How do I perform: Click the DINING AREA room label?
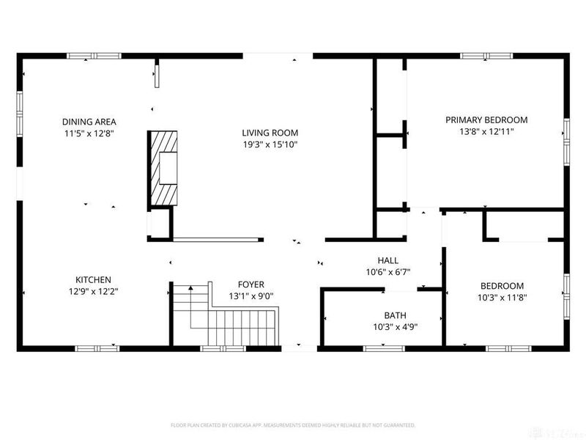pyautogui.click(x=89, y=122)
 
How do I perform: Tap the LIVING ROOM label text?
pyautogui.click(x=270, y=133)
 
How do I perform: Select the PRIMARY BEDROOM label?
pyautogui.click(x=486, y=120)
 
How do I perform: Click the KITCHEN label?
pyautogui.click(x=93, y=279)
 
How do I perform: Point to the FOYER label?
pyautogui.click(x=251, y=285)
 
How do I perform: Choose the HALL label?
pyautogui.click(x=387, y=260)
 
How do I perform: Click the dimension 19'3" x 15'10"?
pyautogui.click(x=270, y=144)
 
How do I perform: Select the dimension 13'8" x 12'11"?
pyautogui.click(x=486, y=131)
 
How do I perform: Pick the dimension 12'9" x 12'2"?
pyautogui.click(x=93, y=291)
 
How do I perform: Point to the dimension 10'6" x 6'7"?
pyautogui.click(x=387, y=272)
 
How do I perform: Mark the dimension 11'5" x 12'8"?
pyautogui.click(x=89, y=133)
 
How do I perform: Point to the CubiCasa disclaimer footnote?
pyautogui.click(x=293, y=425)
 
